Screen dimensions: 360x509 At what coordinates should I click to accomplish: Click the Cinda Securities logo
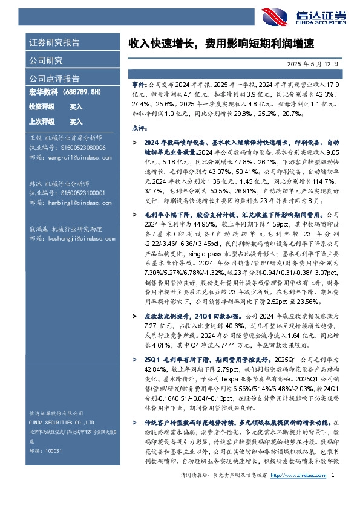tap(314, 15)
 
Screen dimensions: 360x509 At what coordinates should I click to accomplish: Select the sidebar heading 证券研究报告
tap(54, 43)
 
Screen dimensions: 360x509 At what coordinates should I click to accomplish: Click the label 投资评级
tap(42, 107)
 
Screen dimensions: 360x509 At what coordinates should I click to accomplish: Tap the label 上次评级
tap(42, 122)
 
